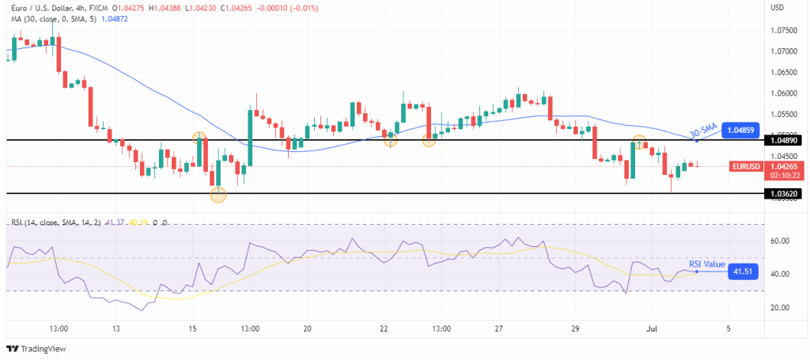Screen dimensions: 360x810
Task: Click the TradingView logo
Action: click(38, 348)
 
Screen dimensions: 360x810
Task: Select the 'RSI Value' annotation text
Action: click(707, 264)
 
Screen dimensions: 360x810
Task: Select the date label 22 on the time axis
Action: click(384, 328)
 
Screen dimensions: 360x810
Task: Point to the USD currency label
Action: click(778, 8)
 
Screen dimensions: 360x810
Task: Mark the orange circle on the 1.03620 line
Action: click(218, 194)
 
